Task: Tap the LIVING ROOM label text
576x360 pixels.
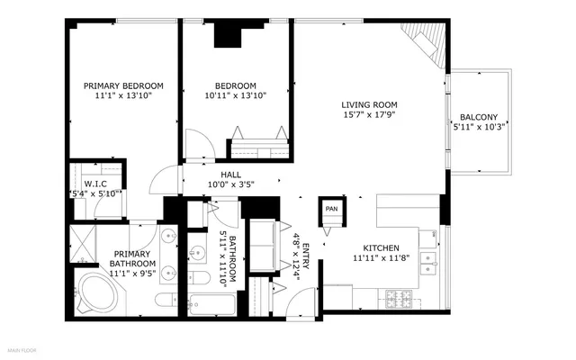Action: tap(369, 104)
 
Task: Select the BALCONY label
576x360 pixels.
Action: tap(478, 117)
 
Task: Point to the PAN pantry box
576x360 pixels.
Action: tap(331, 210)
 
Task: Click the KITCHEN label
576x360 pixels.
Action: tap(382, 247)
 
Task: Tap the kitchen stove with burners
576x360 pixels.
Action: tap(397, 296)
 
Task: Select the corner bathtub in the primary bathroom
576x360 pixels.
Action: tap(94, 293)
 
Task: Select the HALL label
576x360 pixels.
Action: tap(230, 175)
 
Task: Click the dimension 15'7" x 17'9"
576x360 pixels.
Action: tap(369, 115)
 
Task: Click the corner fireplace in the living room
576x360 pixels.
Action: tap(424, 42)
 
